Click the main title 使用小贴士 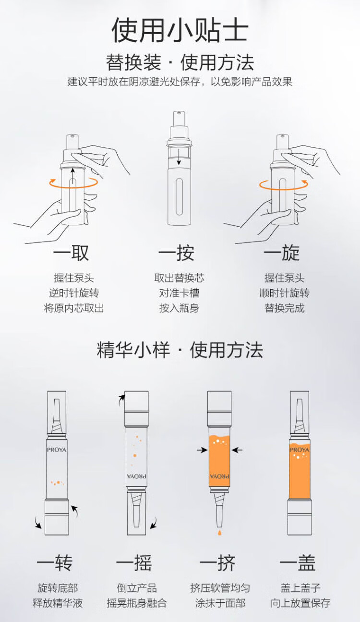click(x=180, y=30)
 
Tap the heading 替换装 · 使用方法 click(x=180, y=62)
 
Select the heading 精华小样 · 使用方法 click(x=180, y=350)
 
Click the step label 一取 click(x=72, y=253)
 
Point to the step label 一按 click(x=177, y=253)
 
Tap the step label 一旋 click(x=282, y=253)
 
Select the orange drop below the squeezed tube click(x=219, y=532)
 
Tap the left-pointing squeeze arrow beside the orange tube click(x=237, y=450)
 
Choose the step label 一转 click(x=55, y=563)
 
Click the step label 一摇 click(x=134, y=563)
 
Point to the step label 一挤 click(x=218, y=563)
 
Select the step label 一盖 click(x=298, y=563)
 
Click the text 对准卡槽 click(x=180, y=293)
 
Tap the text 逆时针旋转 click(x=74, y=293)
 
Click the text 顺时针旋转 click(x=285, y=293)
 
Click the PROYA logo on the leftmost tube click(x=57, y=450)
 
